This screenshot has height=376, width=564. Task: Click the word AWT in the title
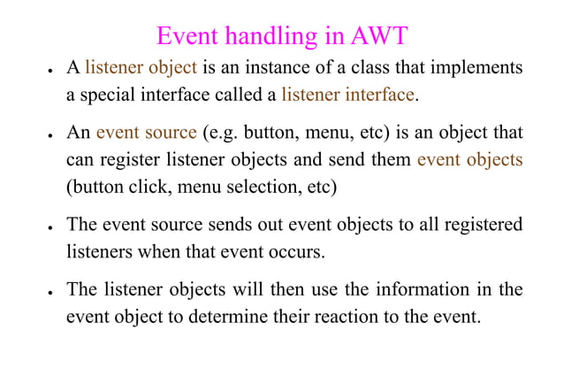tap(380, 36)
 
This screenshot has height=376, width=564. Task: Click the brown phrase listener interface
tap(347, 93)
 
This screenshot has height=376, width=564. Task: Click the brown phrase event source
tap(146, 134)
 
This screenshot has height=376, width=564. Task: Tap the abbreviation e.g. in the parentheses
tap(221, 134)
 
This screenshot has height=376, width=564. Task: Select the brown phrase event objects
tap(469, 160)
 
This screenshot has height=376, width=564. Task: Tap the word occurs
tap(295, 251)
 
